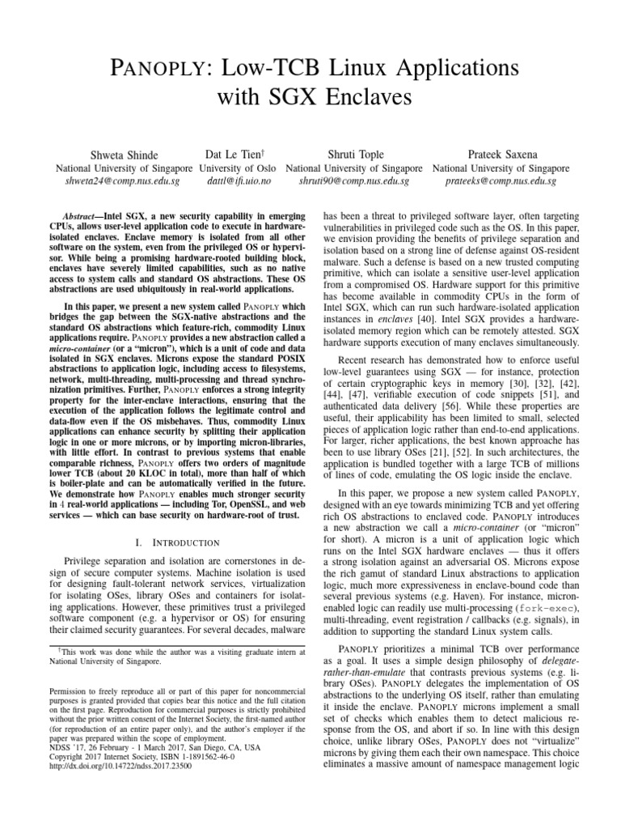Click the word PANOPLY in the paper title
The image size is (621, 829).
point(177,67)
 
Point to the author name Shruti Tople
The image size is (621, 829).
point(355,154)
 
